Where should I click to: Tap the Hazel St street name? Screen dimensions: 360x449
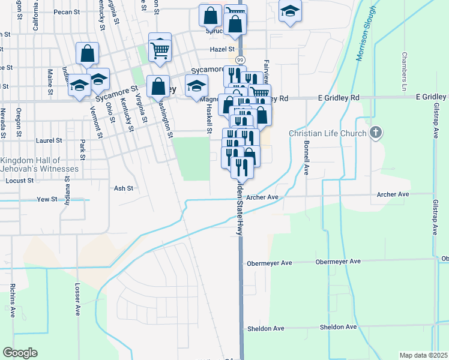coord(221,49)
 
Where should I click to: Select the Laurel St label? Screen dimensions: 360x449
coord(49,140)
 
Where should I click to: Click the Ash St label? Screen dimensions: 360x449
coord(123,188)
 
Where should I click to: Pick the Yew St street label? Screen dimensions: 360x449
coord(46,199)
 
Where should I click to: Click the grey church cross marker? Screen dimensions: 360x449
coord(376,132)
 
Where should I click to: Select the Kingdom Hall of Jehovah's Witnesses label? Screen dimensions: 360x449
coord(31,165)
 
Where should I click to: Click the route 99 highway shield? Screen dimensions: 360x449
coord(240,60)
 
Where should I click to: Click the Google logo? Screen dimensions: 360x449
coord(20,353)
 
